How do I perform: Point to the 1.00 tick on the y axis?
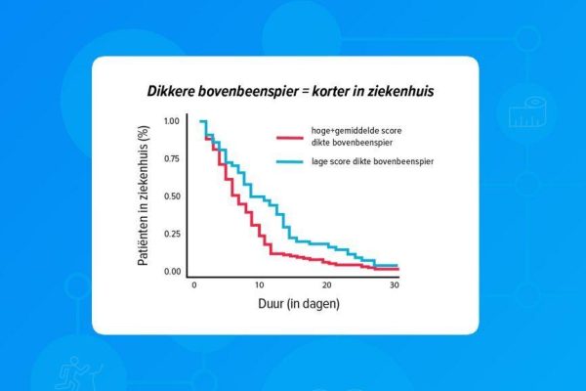pyautogui.click(x=172, y=121)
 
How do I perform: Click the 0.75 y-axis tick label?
pyautogui.click(x=172, y=158)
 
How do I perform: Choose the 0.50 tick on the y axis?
pyautogui.click(x=172, y=196)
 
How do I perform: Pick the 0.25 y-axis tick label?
pyautogui.click(x=172, y=234)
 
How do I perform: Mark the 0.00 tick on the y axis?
pyautogui.click(x=172, y=272)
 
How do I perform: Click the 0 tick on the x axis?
pyautogui.click(x=194, y=285)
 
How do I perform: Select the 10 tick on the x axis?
pyautogui.click(x=260, y=285)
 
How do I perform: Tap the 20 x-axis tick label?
pyautogui.click(x=326, y=285)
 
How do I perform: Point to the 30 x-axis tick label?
pyautogui.click(x=395, y=285)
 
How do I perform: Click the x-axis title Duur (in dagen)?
pyautogui.click(x=299, y=303)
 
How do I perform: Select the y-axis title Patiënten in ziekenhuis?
pyautogui.click(x=144, y=195)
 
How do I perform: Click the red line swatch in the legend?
pyautogui.click(x=290, y=138)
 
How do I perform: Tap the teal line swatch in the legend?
pyautogui.click(x=290, y=161)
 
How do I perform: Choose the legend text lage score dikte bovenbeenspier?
pyautogui.click(x=373, y=161)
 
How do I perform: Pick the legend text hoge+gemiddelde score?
pyautogui.click(x=356, y=131)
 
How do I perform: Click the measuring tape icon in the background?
pyautogui.click(x=527, y=111)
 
